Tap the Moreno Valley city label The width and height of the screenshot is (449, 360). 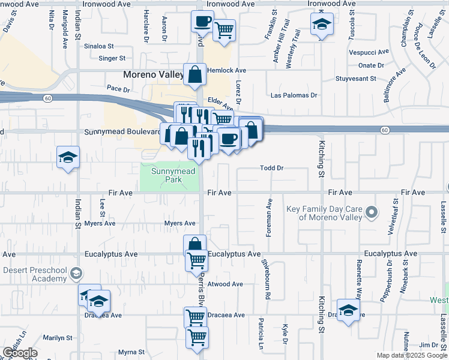click(152, 75)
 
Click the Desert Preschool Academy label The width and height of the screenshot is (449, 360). click(34, 274)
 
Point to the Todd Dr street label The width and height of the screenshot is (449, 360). click(271, 168)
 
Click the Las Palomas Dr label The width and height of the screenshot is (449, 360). click(294, 95)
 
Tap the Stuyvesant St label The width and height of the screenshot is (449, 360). click(355, 79)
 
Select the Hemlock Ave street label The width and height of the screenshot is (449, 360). click(227, 70)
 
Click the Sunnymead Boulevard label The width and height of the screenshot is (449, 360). click(123, 131)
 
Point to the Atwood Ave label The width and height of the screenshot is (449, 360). click(224, 284)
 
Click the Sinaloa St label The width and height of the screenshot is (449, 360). click(99, 46)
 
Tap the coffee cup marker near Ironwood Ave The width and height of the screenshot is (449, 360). click(202, 22)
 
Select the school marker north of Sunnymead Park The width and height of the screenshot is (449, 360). click(68, 158)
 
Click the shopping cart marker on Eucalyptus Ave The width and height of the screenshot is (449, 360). click(197, 261)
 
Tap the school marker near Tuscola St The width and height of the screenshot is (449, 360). click(322, 25)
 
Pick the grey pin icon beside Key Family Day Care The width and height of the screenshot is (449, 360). click(372, 212)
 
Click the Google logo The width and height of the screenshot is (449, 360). click(20, 353)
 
